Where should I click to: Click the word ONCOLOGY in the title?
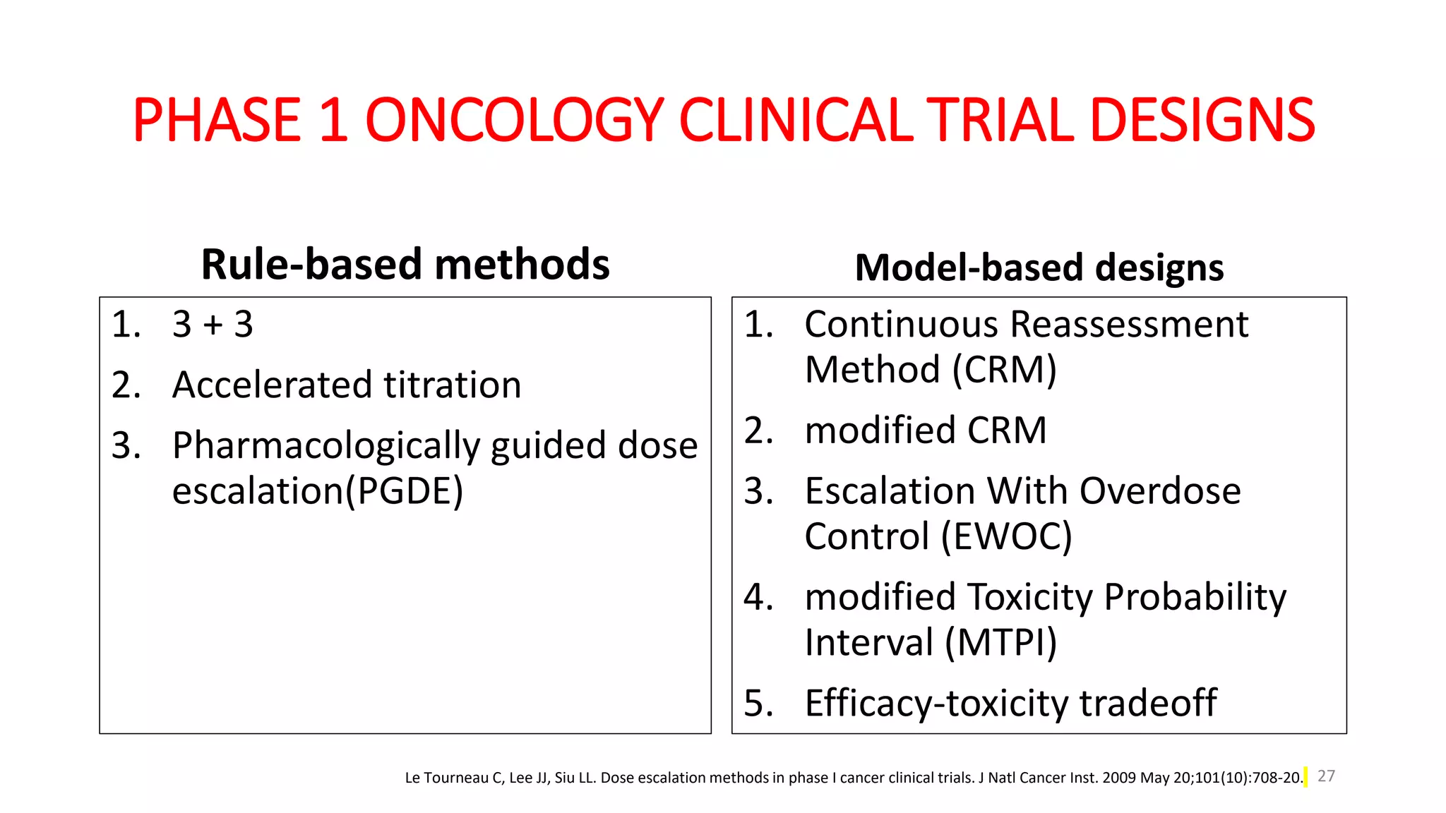(x=514, y=120)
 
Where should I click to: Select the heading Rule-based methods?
(x=405, y=265)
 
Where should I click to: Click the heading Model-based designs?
(x=1039, y=268)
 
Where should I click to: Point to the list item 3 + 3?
(x=213, y=325)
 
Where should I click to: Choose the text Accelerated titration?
(x=347, y=385)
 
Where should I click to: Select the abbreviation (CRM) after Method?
(x=1004, y=370)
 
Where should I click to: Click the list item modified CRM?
(x=926, y=430)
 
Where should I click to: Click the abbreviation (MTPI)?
(x=1000, y=643)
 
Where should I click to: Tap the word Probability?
(x=1195, y=597)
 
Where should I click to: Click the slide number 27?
(x=1326, y=776)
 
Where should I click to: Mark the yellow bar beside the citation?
(x=1305, y=777)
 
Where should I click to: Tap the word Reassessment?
(x=1129, y=325)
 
